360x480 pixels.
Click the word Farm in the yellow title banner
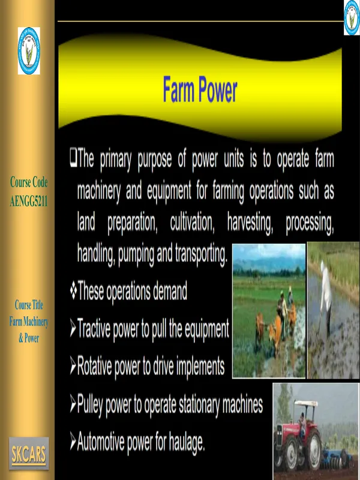tap(178, 89)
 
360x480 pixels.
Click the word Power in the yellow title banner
tap(218, 89)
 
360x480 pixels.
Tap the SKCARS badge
tap(29, 454)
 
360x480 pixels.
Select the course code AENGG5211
tap(29, 202)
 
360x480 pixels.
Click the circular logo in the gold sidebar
tap(29, 50)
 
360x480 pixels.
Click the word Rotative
tap(94, 366)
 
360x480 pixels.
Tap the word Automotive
tap(100, 442)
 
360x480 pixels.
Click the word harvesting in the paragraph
tap(250, 223)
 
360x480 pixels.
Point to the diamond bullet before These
tap(73, 290)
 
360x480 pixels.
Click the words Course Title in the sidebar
tap(29, 305)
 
